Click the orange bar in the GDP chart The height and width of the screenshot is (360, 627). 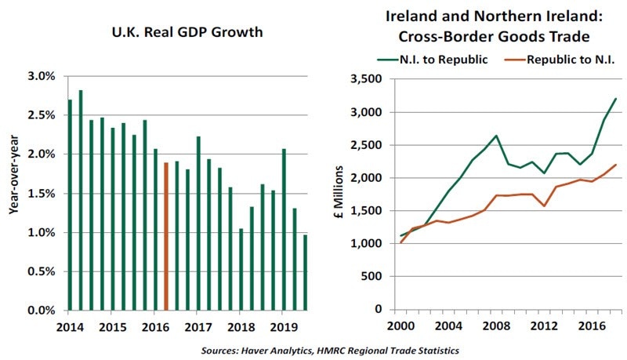pyautogui.click(x=166, y=236)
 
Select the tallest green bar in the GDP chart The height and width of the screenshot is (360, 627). pyautogui.click(x=81, y=200)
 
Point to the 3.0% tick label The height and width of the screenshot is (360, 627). pyautogui.click(x=41, y=76)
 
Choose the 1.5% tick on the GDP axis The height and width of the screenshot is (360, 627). pyautogui.click(x=41, y=194)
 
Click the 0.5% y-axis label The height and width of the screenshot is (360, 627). pyautogui.click(x=41, y=271)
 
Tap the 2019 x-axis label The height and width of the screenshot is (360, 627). pyautogui.click(x=283, y=326)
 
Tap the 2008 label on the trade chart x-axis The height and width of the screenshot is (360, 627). pyautogui.click(x=496, y=326)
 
